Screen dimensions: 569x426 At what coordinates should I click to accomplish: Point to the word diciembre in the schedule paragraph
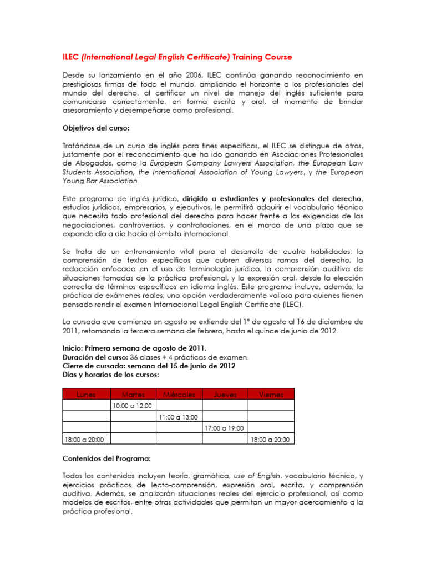339,322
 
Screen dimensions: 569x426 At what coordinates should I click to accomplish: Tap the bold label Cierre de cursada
93,366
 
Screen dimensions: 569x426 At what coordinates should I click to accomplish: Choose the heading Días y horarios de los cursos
110,375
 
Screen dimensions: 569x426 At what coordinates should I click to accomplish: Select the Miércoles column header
179,395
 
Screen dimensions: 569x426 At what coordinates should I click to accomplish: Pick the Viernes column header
271,395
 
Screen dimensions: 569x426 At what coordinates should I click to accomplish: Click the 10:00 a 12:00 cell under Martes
132,406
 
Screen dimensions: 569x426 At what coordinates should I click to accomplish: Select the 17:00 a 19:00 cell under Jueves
224,428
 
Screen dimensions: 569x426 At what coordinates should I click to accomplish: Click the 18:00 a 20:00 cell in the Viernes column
270,440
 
